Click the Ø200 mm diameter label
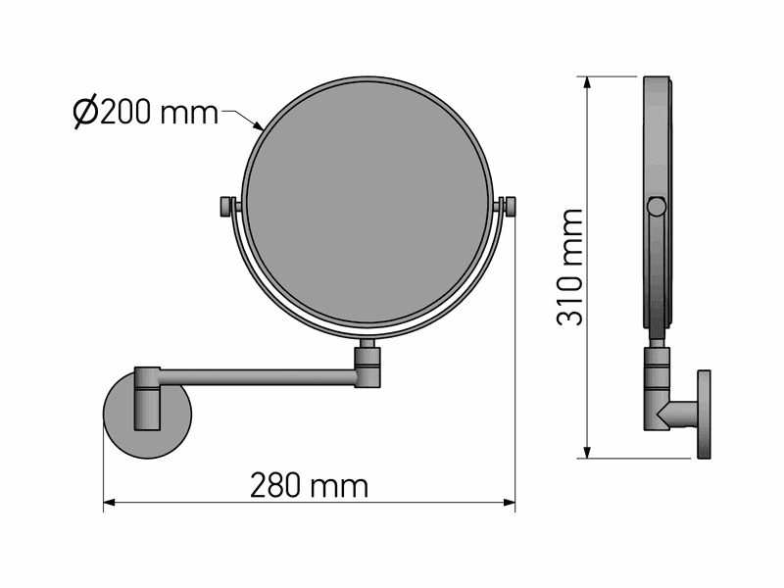click(145, 112)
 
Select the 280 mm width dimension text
click(309, 485)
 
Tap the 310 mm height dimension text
click(570, 268)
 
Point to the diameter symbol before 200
click(85, 113)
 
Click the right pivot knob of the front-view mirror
click(510, 207)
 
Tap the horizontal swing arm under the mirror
click(257, 376)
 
